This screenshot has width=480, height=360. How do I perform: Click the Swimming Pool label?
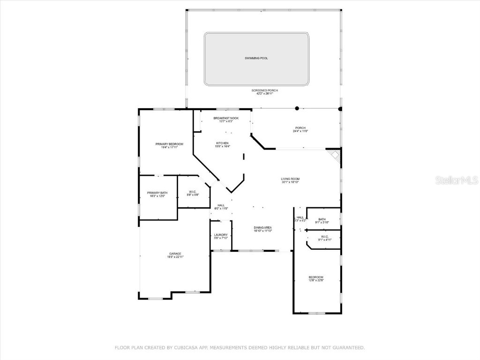click(256, 58)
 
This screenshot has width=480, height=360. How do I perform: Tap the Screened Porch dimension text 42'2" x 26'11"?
click(264, 94)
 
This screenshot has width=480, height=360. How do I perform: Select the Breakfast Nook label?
click(226, 118)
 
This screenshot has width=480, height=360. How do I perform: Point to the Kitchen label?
click(222, 143)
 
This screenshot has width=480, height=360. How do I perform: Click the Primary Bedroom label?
click(169, 144)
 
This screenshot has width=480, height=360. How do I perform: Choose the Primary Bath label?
click(157, 193)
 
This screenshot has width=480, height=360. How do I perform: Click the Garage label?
click(175, 254)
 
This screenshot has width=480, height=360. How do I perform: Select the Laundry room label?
click(221, 235)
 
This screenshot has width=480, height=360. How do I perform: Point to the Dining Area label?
click(263, 228)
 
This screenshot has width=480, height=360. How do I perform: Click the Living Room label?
click(290, 179)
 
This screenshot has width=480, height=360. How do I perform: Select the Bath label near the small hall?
click(322, 219)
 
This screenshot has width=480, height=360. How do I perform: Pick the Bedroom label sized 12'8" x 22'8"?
click(316, 277)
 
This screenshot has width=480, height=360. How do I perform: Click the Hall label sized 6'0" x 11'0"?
click(221, 205)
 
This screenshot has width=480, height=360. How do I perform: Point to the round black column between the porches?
click(297, 108)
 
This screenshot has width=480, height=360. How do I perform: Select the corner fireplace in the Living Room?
click(334, 155)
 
